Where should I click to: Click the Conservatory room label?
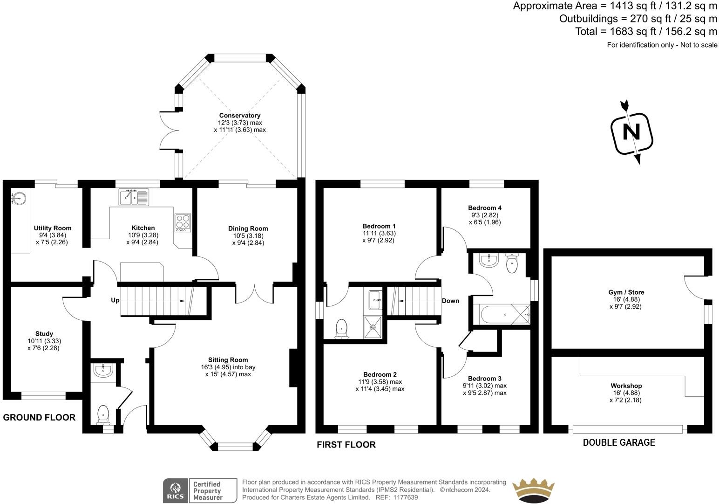(x=240, y=116)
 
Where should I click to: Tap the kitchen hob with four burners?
(x=183, y=222)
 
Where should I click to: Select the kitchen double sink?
(x=134, y=197)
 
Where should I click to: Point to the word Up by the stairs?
(x=115, y=300)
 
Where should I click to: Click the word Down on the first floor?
(x=450, y=301)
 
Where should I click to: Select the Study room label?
(x=44, y=334)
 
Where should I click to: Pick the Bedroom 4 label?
(x=485, y=208)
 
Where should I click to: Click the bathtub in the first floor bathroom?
(x=501, y=315)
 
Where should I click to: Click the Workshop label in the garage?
(x=626, y=386)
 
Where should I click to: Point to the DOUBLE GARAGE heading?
(x=619, y=442)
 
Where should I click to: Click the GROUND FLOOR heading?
(x=39, y=418)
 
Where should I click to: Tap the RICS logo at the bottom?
(x=175, y=490)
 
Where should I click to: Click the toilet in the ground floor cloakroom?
(x=103, y=414)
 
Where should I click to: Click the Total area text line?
(x=646, y=31)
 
